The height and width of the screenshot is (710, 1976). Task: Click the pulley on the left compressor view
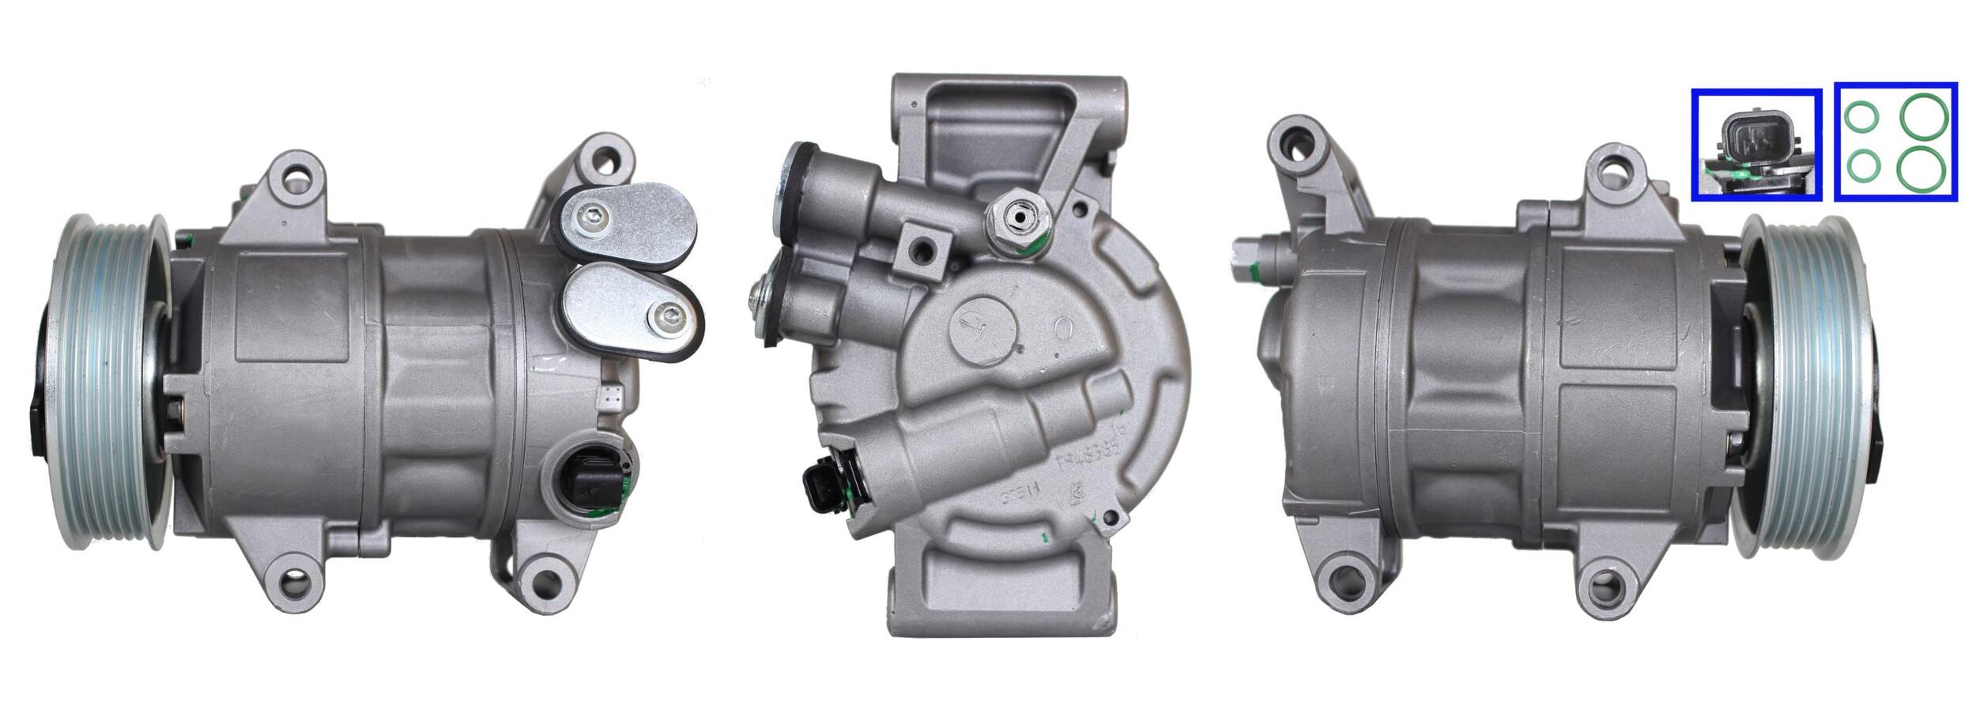pyautogui.click(x=111, y=381)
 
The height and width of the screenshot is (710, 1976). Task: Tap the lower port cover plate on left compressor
pyautogui.click(x=632, y=310)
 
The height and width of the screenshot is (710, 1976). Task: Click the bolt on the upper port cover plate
pyautogui.click(x=593, y=213)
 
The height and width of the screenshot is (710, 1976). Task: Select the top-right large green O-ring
pyautogui.click(x=1924, y=117)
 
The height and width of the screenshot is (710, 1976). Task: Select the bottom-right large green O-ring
pyautogui.click(x=1924, y=168)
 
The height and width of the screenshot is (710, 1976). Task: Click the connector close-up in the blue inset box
pyautogui.click(x=1756, y=145)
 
